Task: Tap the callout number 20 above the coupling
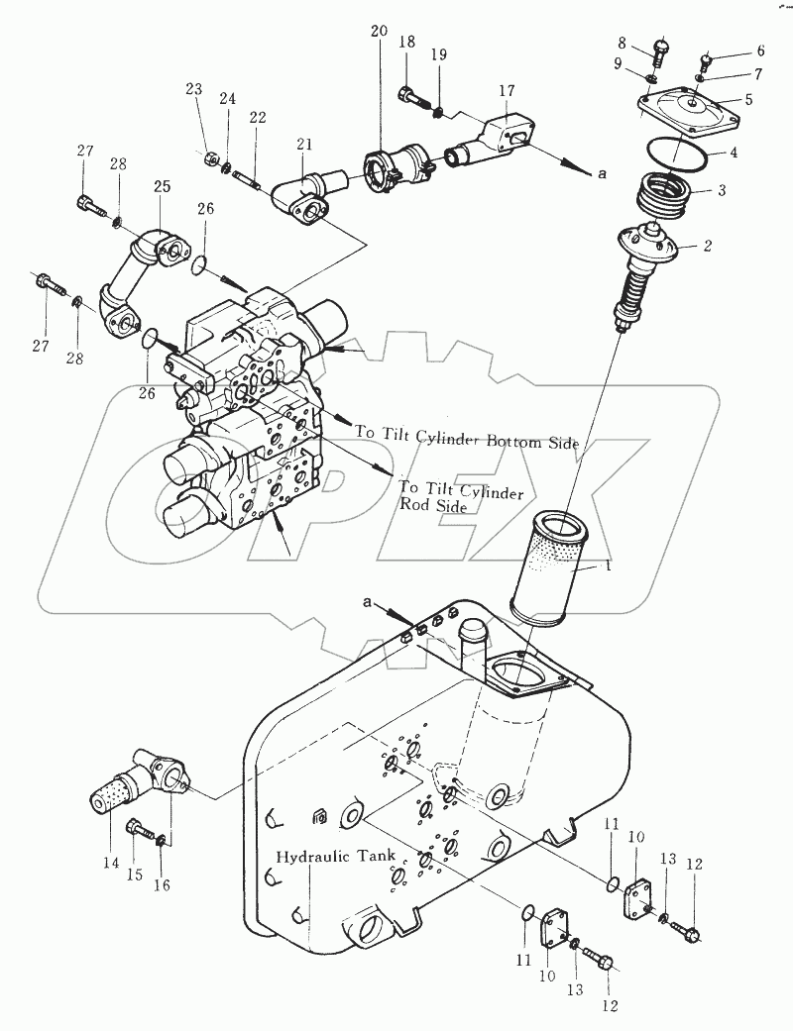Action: (x=379, y=31)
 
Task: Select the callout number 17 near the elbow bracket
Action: (x=507, y=91)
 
